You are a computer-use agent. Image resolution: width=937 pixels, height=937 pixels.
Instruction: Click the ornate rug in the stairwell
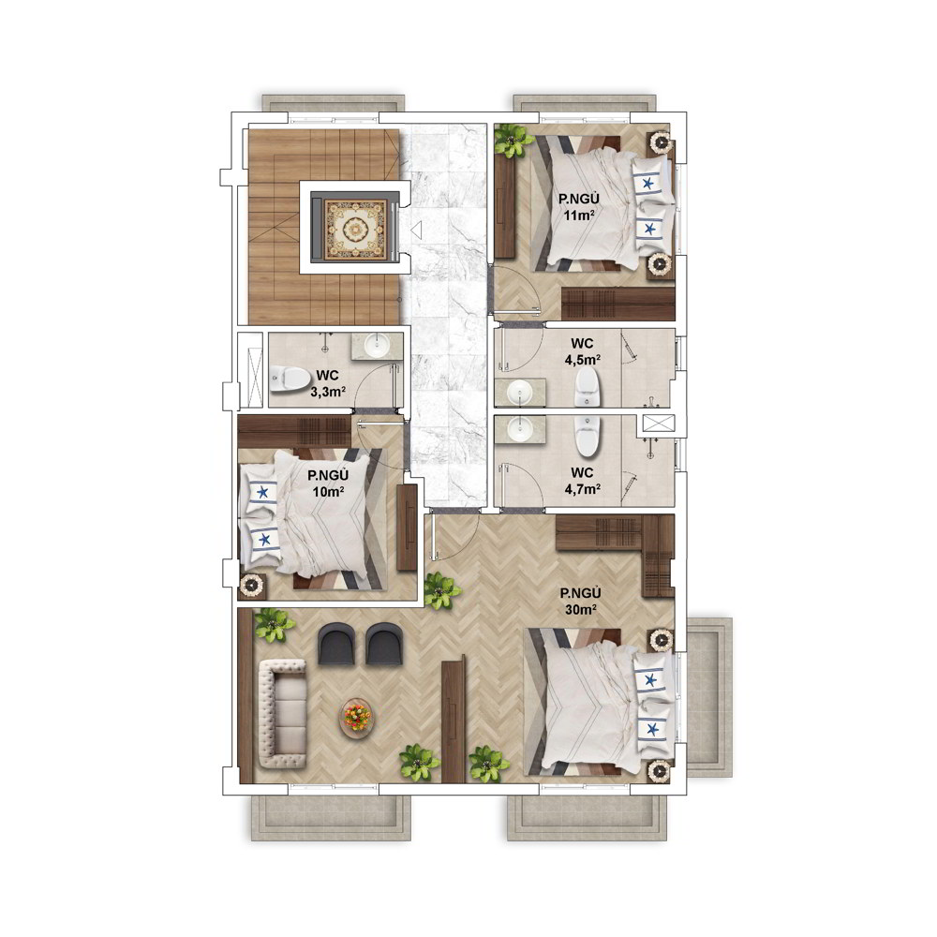355,230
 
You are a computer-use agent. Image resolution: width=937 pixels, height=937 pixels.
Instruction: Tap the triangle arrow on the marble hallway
416,230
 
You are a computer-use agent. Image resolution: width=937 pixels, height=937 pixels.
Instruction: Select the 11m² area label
579,216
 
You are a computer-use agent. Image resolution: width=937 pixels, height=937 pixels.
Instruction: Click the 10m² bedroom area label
328,492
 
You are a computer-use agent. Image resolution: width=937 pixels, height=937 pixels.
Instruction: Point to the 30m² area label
580,610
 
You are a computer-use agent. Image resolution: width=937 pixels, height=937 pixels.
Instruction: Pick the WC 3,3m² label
327,383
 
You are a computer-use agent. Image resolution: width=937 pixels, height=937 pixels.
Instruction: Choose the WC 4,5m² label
582,351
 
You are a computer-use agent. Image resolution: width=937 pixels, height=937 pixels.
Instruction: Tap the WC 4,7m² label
582,481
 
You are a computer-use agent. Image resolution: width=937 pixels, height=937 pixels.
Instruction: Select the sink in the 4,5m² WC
519,393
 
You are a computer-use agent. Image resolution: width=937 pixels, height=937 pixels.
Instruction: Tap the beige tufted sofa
283,713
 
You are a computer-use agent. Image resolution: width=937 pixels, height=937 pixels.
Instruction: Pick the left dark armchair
336,644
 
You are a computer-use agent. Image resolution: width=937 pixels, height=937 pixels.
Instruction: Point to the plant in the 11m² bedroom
513,141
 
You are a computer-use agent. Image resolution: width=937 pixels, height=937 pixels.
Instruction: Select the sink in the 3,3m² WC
377,344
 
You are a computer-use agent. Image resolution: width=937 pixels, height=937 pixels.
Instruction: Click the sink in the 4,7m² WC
520,428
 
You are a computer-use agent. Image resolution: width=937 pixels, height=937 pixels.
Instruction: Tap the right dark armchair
383,644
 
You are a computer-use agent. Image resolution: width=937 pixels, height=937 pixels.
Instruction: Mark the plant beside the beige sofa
274,624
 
